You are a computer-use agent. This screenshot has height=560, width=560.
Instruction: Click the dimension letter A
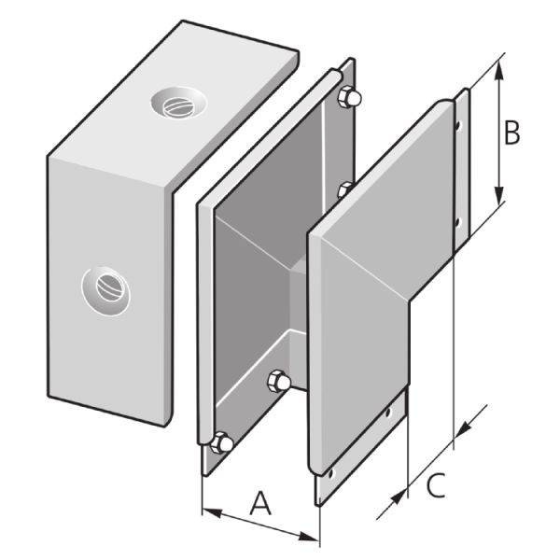260,504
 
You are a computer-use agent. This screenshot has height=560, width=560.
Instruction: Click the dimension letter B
511,133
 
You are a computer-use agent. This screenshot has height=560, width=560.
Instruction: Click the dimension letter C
436,485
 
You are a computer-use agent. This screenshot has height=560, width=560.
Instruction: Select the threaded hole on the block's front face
105,289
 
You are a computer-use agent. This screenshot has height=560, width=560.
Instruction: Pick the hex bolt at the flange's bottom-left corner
222,442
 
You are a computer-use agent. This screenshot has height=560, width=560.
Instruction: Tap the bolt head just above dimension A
278,381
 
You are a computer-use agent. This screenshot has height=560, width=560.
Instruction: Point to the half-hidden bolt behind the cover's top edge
344,189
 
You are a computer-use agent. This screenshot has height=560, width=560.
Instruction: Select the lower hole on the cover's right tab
457,221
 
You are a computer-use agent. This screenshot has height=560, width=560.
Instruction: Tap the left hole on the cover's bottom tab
328,473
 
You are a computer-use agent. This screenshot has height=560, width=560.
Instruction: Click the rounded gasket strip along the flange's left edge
200,317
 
